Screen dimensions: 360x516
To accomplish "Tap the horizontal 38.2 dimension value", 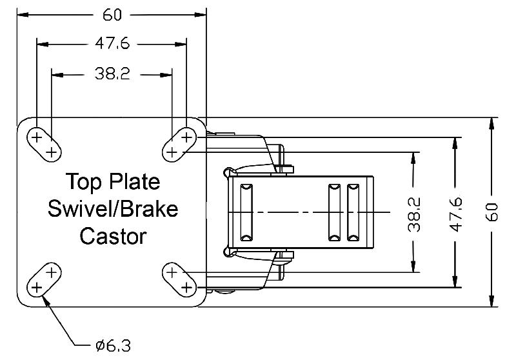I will coord(112,74).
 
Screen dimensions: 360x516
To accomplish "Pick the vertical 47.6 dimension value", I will coord(457,212).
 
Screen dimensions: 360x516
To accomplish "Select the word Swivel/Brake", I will coord(113,209).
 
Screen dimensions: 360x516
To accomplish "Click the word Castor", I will coord(113,236).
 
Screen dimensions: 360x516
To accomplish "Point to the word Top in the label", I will coord(83,181).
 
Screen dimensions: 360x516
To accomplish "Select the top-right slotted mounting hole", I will coord(179,144).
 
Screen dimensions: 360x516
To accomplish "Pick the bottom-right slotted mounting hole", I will coord(179,279).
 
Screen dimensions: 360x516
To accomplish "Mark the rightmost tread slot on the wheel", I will coord(352,212).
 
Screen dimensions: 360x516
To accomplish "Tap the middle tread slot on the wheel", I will coord(333,212).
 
